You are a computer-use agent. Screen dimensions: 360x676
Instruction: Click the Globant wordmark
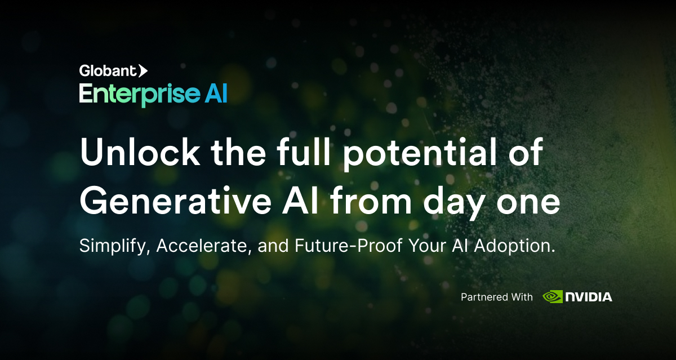click(x=108, y=71)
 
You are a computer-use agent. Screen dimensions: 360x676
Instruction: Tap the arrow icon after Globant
click(x=143, y=71)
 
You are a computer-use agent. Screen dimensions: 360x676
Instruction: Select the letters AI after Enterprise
click(x=216, y=93)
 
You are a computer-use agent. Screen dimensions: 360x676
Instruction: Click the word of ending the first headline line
click(x=525, y=153)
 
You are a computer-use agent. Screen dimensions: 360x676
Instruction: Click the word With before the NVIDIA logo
click(x=519, y=297)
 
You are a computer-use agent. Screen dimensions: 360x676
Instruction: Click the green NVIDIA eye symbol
click(x=552, y=296)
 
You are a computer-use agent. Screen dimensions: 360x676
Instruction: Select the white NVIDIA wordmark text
click(x=589, y=297)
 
